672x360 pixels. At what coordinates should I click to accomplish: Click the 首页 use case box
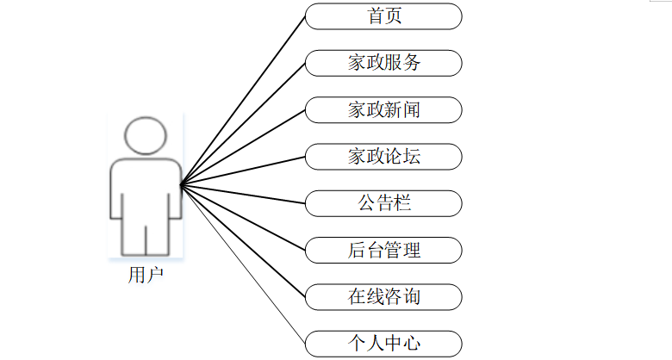[383, 16]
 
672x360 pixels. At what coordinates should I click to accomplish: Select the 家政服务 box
[383, 63]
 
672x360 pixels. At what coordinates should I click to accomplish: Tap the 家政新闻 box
[383, 109]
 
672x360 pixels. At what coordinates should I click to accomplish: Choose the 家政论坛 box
[383, 157]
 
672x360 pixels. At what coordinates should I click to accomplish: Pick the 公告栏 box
[383, 203]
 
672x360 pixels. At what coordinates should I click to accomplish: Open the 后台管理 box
[383, 251]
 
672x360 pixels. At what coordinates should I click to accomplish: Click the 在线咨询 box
[383, 297]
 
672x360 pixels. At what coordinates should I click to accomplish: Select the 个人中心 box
[383, 344]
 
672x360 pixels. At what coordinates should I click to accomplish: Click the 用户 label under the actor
[144, 275]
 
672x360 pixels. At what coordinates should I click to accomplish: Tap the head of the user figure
[144, 135]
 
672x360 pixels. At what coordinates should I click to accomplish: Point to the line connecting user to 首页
[242, 100]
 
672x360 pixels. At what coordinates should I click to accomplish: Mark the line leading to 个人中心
[242, 264]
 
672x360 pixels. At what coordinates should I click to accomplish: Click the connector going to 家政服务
[242, 123]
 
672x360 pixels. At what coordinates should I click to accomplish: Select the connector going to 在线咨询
[242, 240]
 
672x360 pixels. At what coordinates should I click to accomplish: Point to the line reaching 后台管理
[242, 217]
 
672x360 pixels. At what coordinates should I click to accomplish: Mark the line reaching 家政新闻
[242, 146]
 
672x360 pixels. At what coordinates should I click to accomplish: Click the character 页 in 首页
[394, 16]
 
